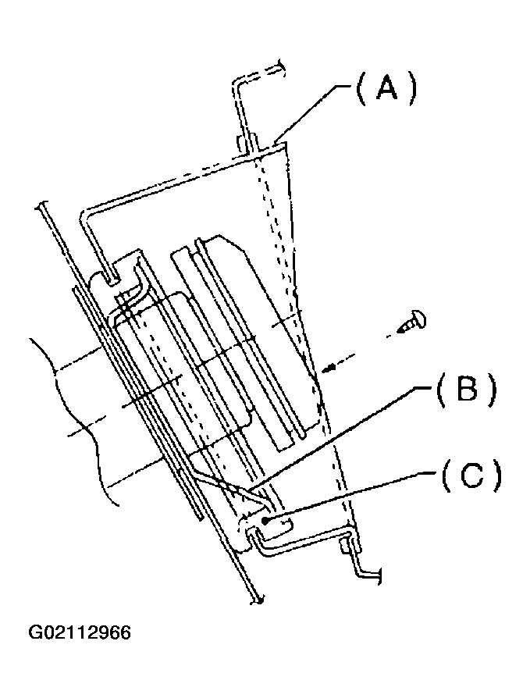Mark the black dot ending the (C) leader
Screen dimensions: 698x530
point(267,520)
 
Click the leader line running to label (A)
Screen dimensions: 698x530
point(308,113)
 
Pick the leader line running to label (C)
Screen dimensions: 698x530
point(351,497)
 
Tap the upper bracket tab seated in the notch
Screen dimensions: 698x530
point(117,272)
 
